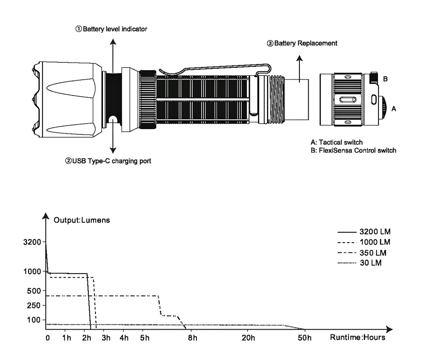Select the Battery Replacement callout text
click(302, 43)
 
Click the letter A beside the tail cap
click(394, 108)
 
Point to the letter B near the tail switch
click(385, 79)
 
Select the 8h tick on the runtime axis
click(192, 338)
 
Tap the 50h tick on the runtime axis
click(305, 338)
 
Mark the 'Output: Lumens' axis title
click(81, 220)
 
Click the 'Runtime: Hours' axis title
click(357, 338)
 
